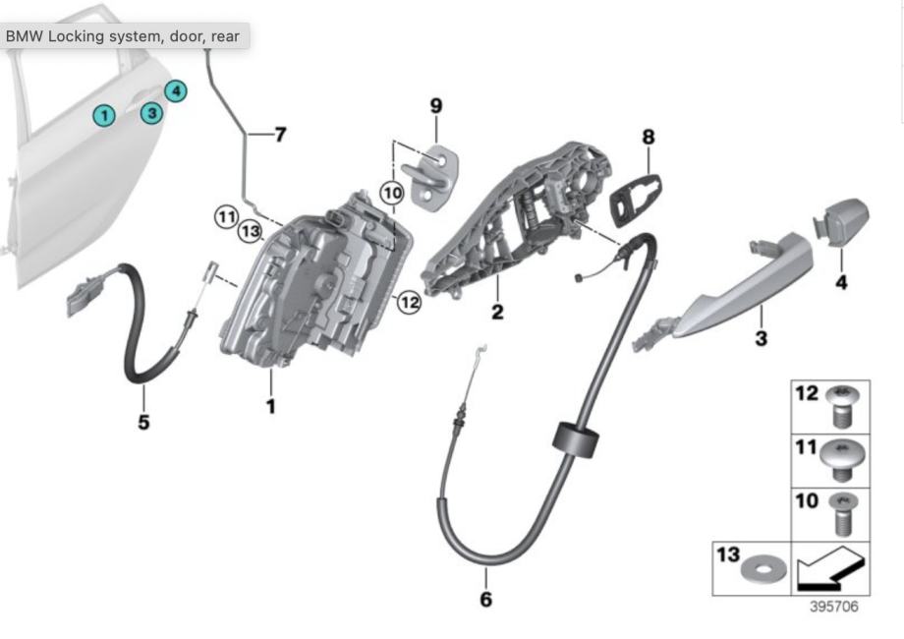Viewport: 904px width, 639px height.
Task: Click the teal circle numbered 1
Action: (x=103, y=116)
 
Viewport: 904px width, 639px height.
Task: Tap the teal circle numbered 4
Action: (x=175, y=91)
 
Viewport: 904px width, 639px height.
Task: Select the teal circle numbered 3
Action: (x=151, y=113)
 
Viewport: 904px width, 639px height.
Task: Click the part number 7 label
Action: (x=280, y=134)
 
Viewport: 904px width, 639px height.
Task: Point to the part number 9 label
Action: (x=436, y=105)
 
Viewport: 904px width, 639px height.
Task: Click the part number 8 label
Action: (x=648, y=137)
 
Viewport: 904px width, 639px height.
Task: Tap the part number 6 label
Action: (x=485, y=598)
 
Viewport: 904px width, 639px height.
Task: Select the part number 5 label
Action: (x=144, y=424)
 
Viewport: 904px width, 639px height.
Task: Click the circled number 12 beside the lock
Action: (x=409, y=303)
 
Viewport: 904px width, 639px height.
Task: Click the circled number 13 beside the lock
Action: (x=250, y=232)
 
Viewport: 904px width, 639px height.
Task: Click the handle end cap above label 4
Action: (x=843, y=222)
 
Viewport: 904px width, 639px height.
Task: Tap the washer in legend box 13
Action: (x=756, y=568)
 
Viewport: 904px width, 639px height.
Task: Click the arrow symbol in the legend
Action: (x=830, y=566)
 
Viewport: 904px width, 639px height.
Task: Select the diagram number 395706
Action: (x=833, y=607)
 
